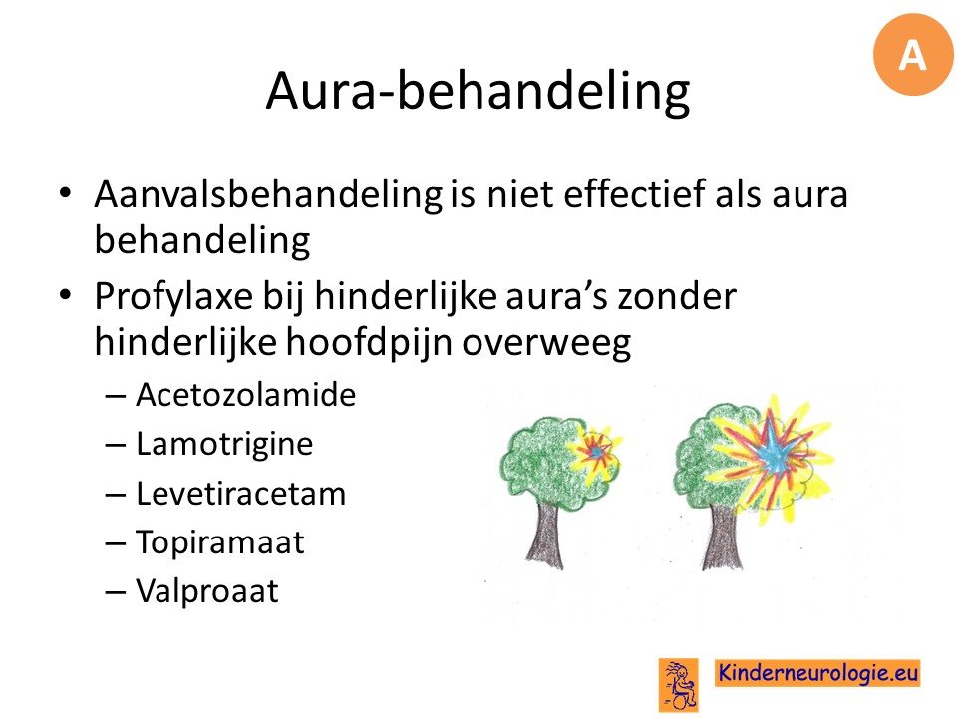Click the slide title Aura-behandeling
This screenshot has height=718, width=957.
(x=478, y=92)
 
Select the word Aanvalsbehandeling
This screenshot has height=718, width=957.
(x=268, y=195)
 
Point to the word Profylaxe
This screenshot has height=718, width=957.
(x=173, y=298)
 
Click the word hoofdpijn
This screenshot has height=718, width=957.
(x=369, y=342)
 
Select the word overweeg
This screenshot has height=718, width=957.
(x=545, y=344)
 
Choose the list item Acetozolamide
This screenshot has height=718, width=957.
(x=245, y=395)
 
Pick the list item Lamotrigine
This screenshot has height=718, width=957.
(x=224, y=444)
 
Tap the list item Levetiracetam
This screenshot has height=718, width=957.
(x=240, y=494)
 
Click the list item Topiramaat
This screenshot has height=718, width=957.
(x=219, y=542)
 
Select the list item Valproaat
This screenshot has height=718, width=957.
(x=207, y=591)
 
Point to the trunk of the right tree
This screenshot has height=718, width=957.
(x=721, y=538)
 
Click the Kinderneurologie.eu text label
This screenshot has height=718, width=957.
(x=817, y=673)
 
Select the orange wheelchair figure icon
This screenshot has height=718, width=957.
(x=679, y=685)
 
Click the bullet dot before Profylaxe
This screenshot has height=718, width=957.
(x=65, y=295)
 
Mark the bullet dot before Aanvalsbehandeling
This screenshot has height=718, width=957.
(x=65, y=193)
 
